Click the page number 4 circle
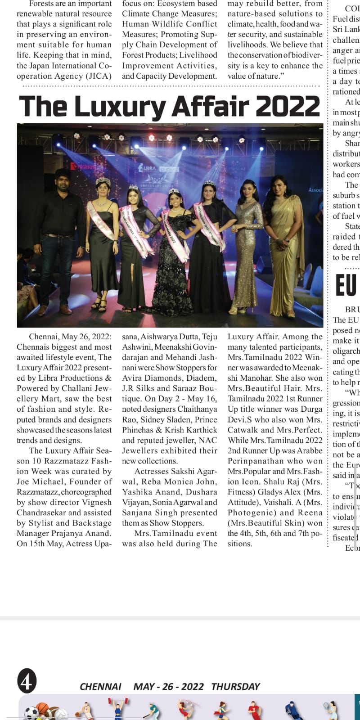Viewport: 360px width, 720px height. pos(27,682)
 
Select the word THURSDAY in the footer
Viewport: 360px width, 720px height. pos(235,687)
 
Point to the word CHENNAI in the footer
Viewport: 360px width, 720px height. pos(100,687)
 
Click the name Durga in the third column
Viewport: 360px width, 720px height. pos(311,409)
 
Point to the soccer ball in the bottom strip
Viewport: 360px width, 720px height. pos(31,713)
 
